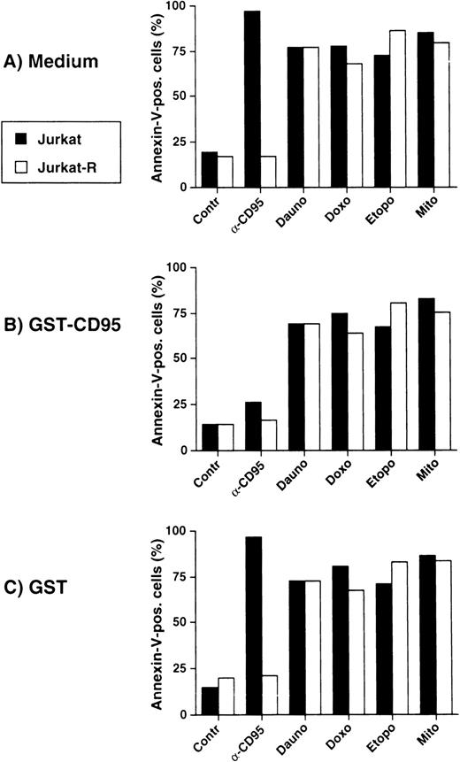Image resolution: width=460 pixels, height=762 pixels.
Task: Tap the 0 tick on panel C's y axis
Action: (183, 714)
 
